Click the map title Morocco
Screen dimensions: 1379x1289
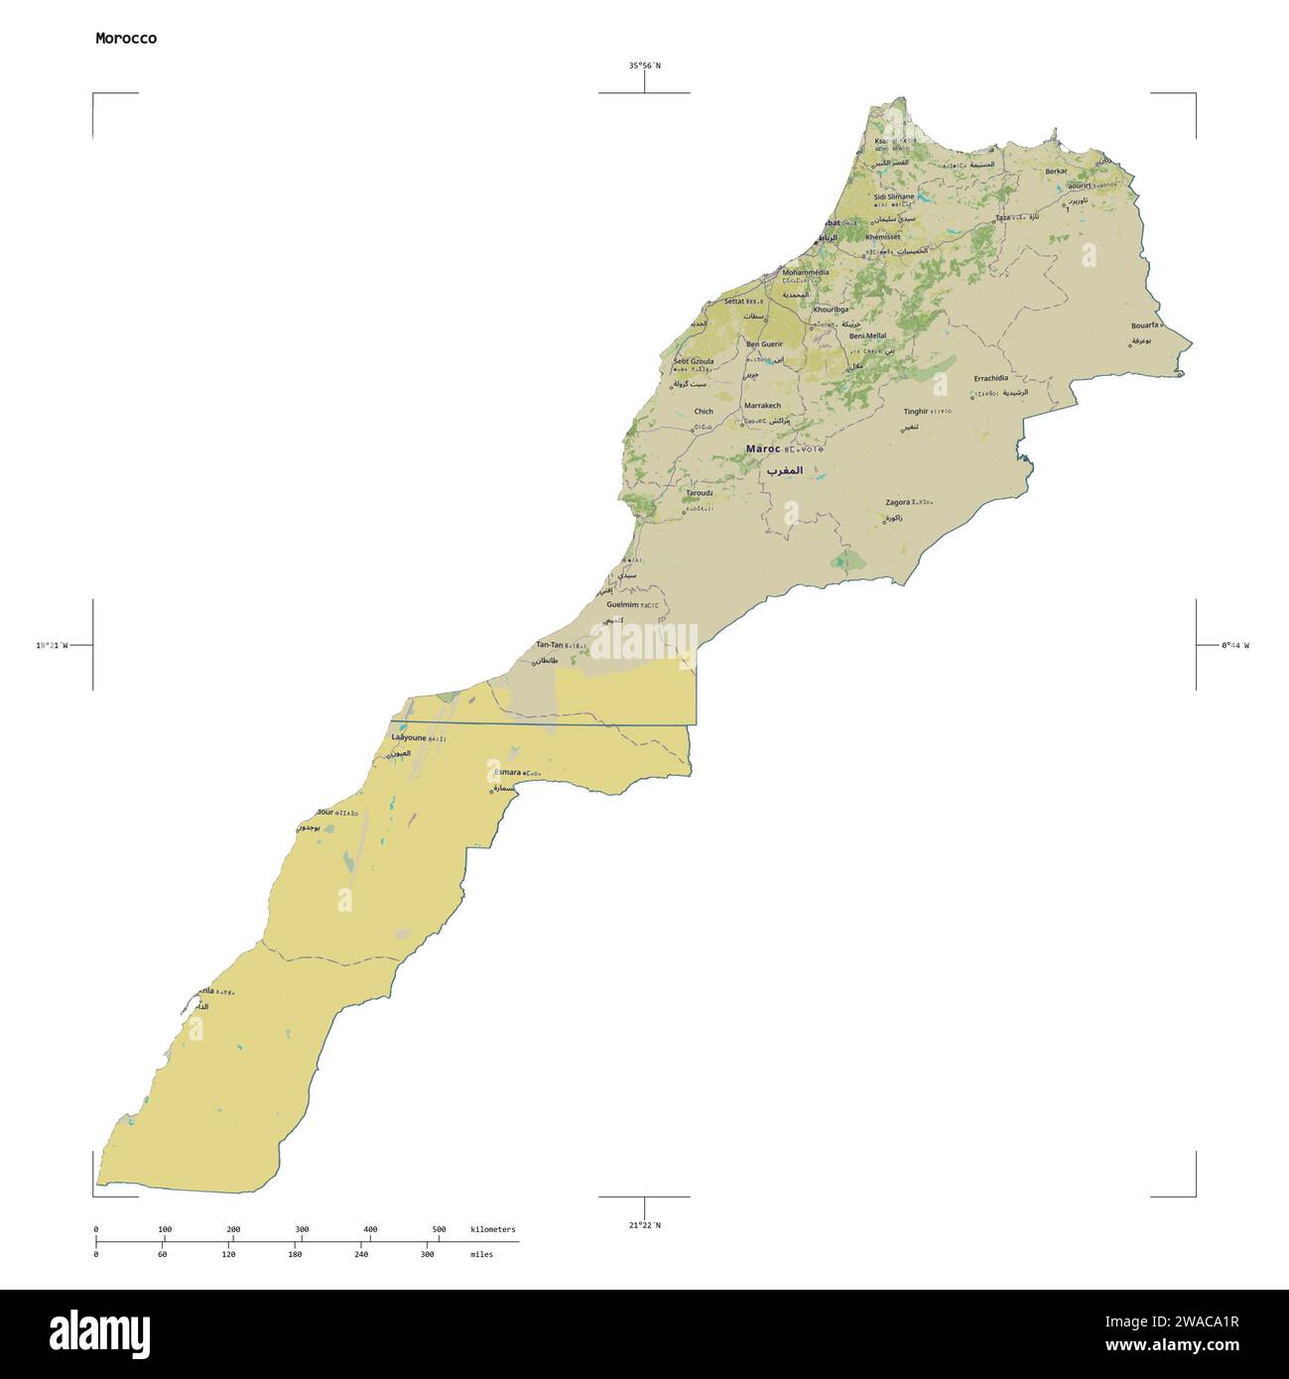125,39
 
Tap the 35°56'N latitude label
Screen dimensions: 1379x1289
644,65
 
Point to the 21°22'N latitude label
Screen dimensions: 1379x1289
644,1225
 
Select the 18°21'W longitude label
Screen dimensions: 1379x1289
52,645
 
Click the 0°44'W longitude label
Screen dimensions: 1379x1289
1234,645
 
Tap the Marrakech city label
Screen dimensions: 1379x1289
762,406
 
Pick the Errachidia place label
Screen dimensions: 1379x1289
990,378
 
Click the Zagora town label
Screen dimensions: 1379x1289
897,503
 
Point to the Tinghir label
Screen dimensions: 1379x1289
915,411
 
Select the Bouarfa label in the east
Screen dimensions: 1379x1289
1144,324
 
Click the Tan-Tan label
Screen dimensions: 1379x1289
549,645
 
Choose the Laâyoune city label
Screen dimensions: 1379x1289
409,738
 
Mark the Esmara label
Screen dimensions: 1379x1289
507,772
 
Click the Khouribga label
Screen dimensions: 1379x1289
832,310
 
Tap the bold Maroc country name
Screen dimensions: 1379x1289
762,449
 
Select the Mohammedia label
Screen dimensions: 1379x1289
806,272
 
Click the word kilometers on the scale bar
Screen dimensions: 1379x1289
492,1229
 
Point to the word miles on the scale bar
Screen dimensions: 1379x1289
481,1254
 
